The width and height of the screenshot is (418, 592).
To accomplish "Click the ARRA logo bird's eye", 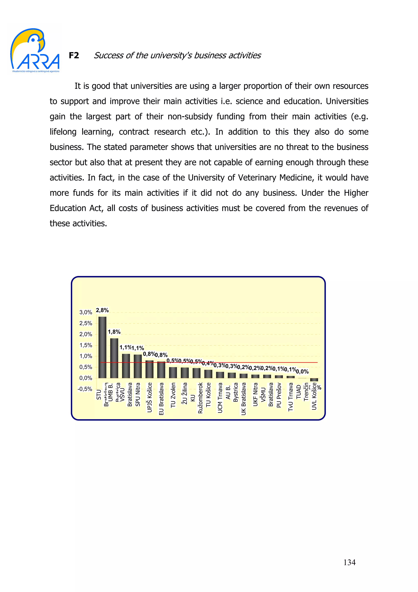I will (33, 40).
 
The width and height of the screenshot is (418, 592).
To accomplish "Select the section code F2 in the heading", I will (74, 55).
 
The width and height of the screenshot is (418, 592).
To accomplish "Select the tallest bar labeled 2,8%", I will (102, 347).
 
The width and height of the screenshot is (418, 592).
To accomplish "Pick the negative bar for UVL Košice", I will (314, 380).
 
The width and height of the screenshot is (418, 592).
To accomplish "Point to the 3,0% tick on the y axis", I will (86, 312).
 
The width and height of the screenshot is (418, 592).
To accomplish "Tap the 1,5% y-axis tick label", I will (86, 345).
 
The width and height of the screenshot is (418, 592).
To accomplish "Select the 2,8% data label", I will (102, 310).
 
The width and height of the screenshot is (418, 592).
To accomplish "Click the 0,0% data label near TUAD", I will (302, 372).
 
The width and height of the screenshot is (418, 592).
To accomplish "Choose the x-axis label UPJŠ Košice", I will (149, 397).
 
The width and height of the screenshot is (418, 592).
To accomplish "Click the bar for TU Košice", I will (208, 374).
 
